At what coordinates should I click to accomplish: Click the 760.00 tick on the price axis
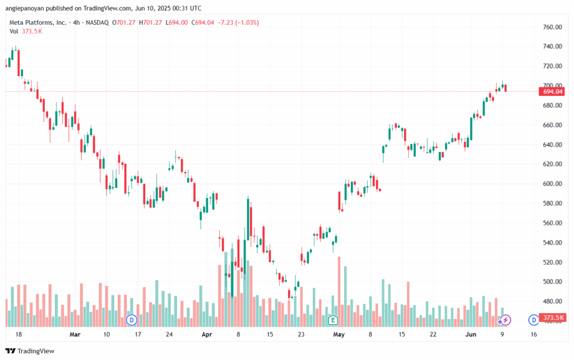552,27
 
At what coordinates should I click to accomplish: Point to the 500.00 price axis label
552,281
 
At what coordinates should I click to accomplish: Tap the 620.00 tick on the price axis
552,164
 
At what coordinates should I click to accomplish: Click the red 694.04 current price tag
552,91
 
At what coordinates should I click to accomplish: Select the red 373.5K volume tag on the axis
552,317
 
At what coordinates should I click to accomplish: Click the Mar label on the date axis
75,334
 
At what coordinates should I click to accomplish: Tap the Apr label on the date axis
207,334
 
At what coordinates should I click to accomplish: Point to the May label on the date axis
338,334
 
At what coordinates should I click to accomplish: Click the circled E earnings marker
333,320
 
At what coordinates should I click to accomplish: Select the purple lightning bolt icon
506,320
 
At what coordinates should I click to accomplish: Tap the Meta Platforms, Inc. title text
37,22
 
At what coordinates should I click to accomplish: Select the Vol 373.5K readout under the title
26,31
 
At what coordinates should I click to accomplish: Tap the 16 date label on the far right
533,334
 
